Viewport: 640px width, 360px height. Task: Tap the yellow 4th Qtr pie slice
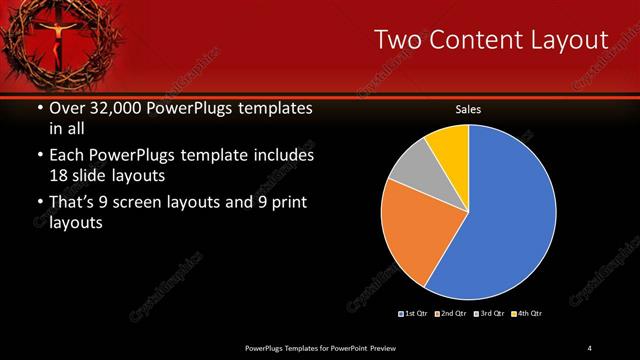coord(448,145)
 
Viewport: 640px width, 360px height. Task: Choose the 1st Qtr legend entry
coord(416,314)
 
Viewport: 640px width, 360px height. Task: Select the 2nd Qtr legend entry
coord(453,314)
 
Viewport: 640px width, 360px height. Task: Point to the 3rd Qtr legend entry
coord(491,314)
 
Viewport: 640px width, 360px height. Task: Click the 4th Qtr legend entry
coord(528,314)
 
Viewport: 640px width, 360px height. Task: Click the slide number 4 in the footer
coord(589,347)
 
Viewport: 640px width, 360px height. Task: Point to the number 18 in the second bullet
coord(60,175)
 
